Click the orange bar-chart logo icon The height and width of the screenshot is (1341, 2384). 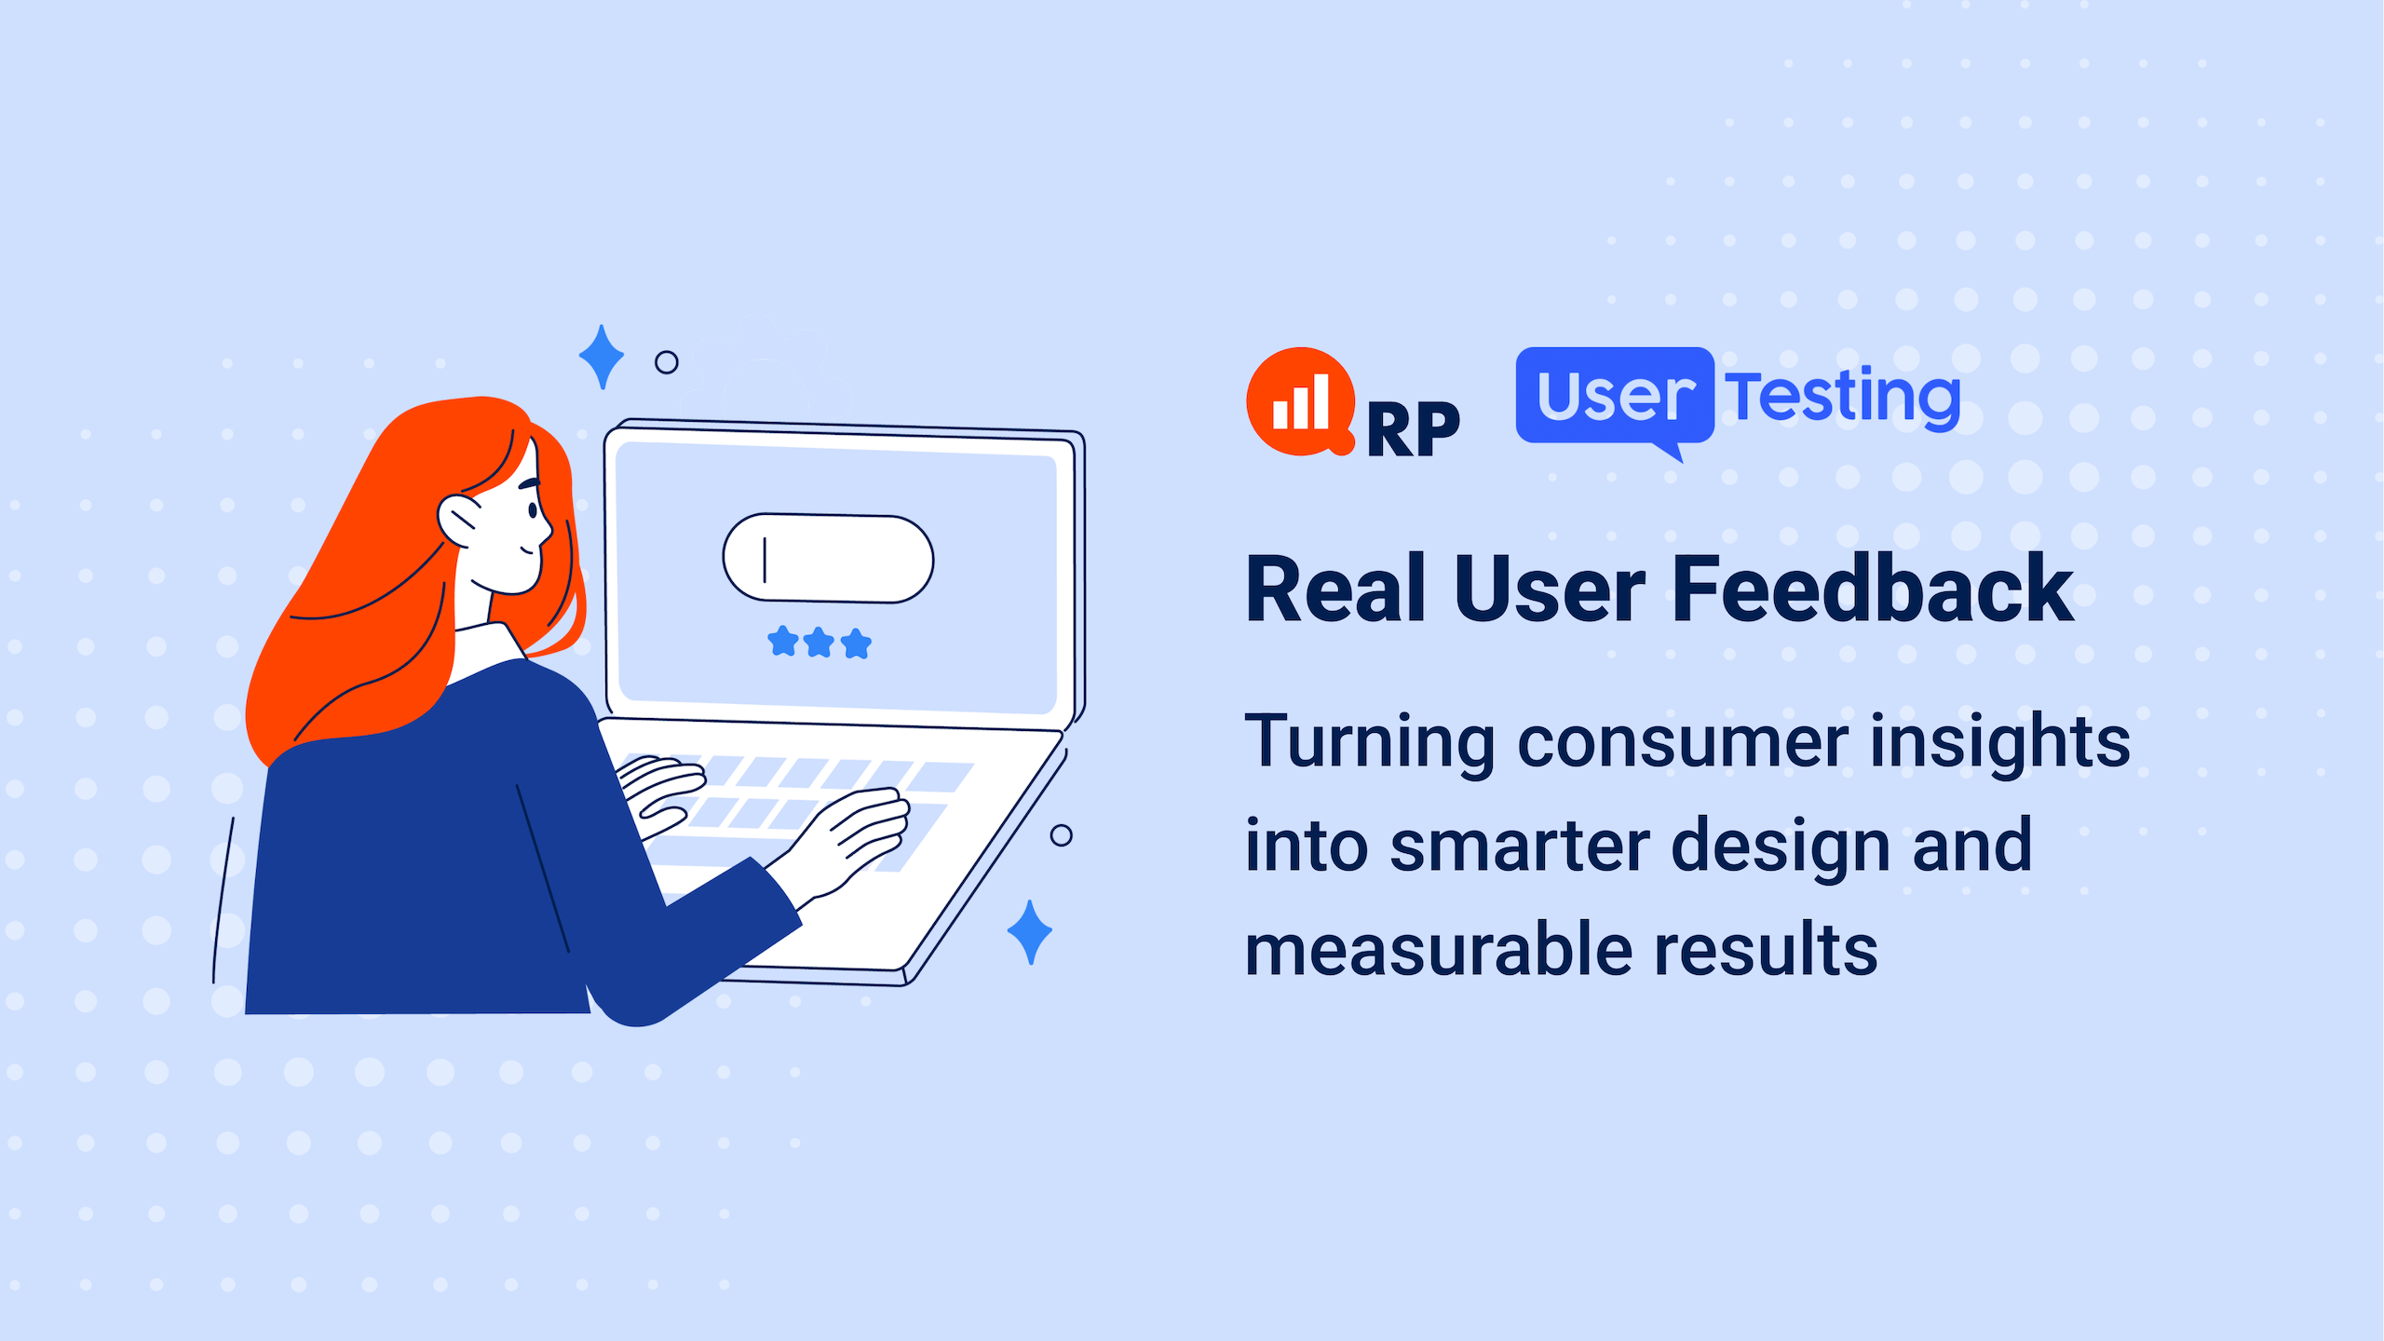click(x=1300, y=401)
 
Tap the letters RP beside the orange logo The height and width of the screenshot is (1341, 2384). click(x=1413, y=430)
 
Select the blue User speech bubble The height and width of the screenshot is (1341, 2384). click(x=1615, y=398)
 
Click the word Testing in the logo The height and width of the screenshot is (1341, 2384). click(x=1843, y=398)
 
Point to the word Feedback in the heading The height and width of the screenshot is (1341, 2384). click(x=1874, y=589)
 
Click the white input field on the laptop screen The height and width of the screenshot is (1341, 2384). click(x=828, y=558)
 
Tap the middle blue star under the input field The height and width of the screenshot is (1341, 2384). click(x=819, y=643)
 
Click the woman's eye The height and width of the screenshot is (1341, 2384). click(x=533, y=509)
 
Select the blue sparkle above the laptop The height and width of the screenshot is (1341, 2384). click(x=602, y=357)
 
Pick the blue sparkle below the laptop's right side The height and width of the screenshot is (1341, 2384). click(x=1030, y=931)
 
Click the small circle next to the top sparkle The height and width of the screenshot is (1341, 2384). click(x=667, y=362)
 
